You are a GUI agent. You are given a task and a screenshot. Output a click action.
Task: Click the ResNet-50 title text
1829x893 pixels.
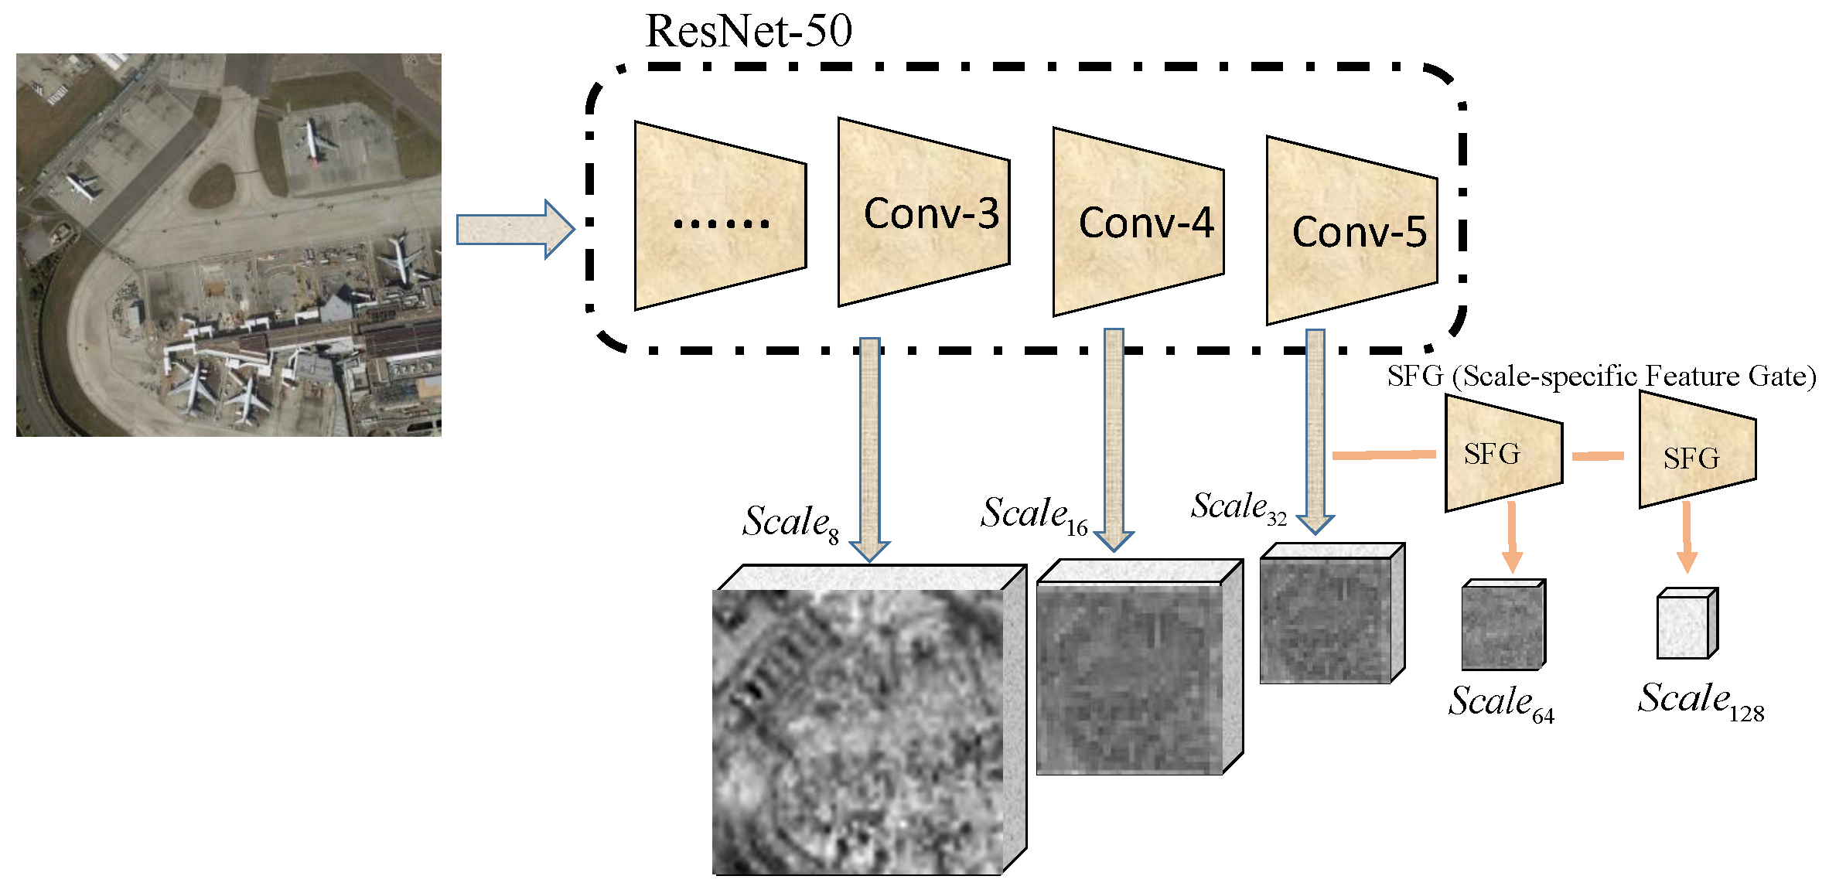[x=748, y=31]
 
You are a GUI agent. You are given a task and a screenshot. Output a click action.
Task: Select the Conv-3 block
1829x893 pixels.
[x=923, y=213]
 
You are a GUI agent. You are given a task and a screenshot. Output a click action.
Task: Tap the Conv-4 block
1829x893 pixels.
[x=1138, y=223]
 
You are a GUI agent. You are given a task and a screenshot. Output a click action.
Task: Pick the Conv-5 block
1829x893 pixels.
[x=1351, y=231]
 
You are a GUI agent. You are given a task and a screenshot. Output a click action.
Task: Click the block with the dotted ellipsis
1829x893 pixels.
[x=720, y=216]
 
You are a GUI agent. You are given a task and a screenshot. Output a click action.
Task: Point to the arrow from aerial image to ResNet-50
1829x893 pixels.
[x=515, y=230]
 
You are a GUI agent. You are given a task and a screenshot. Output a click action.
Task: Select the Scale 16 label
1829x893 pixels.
[x=1033, y=515]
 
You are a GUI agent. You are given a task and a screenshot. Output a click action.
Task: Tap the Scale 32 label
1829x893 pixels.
[x=1238, y=508]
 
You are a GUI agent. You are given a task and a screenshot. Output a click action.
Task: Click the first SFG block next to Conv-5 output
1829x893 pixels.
[x=1503, y=454]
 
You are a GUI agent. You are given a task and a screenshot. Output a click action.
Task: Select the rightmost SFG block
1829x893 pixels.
[x=1697, y=451]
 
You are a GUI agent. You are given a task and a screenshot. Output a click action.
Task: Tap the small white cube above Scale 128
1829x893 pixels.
[x=1687, y=624]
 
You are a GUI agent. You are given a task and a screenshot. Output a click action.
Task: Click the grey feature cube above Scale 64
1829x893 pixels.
[x=1503, y=625]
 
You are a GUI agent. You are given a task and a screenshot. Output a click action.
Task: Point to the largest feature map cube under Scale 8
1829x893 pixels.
[x=858, y=731]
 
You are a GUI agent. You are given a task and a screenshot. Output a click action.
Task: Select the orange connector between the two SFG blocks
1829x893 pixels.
[x=1598, y=456]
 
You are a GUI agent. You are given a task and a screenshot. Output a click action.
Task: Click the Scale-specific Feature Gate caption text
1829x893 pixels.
[x=1600, y=377]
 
